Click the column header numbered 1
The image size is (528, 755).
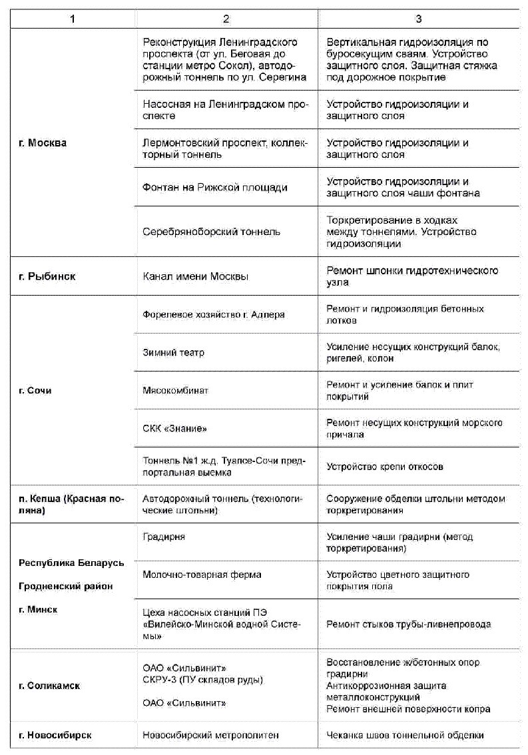pyautogui.click(x=72, y=18)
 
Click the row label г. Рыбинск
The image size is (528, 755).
pyautogui.click(x=47, y=276)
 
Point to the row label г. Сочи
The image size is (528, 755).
pyautogui.click(x=35, y=390)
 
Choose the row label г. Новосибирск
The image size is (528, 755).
pyautogui.click(x=55, y=735)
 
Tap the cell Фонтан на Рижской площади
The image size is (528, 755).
pyautogui.click(x=215, y=187)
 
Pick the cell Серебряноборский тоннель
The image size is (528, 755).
pyautogui.click(x=212, y=232)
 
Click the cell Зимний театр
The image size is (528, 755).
pyautogui.click(x=174, y=352)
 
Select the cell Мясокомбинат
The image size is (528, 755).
pyautogui.click(x=175, y=390)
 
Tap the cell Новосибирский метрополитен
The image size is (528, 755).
pyautogui.click(x=210, y=735)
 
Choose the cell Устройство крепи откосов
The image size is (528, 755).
pyautogui.click(x=384, y=467)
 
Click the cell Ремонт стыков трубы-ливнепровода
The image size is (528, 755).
pyautogui.click(x=408, y=625)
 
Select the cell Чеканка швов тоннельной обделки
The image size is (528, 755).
pyautogui.click(x=405, y=735)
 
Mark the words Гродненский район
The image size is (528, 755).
pyautogui.click(x=65, y=586)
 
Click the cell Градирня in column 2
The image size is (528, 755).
pyautogui.click(x=164, y=537)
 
